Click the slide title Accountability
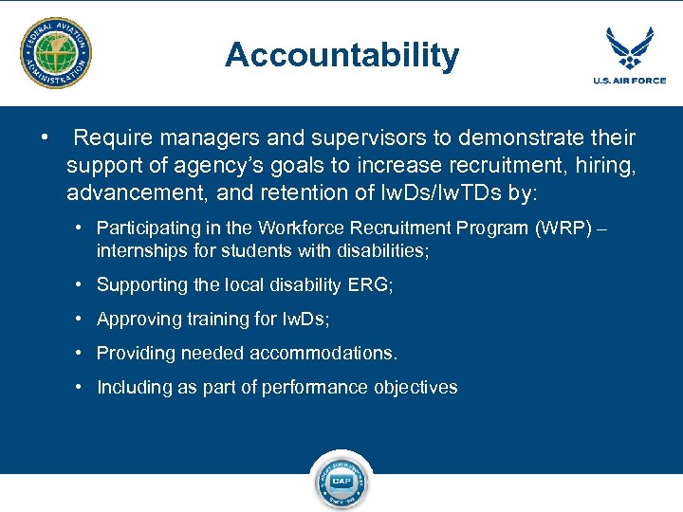coord(341,56)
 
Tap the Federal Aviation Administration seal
coord(57,53)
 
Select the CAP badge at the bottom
coord(341,482)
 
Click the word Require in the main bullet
coord(111,138)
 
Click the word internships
coord(139,250)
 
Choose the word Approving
coord(138,320)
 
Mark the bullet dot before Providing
coord(83,353)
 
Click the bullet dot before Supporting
coord(83,284)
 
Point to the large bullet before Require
coord(45,138)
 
